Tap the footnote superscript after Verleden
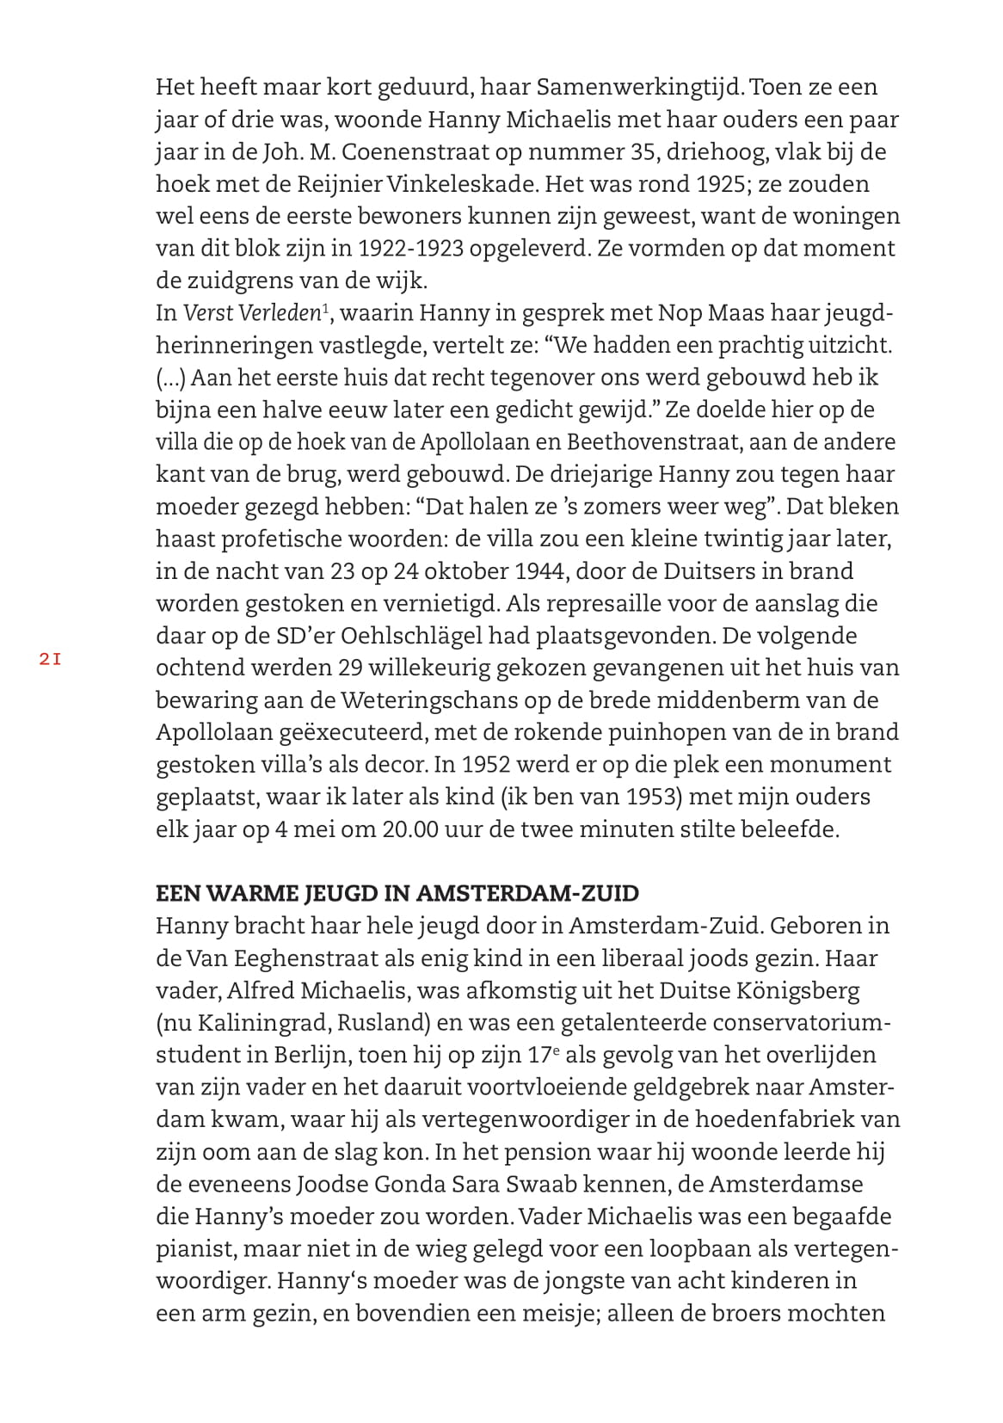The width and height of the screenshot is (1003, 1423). tap(324, 308)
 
